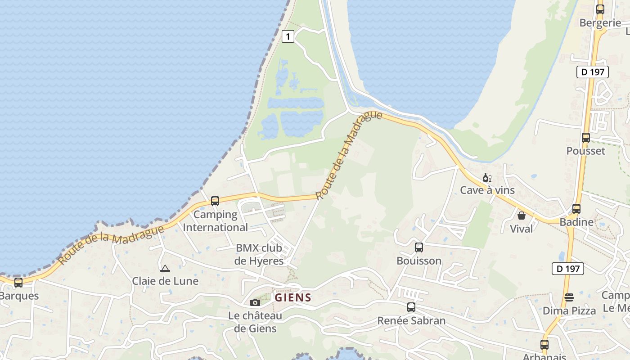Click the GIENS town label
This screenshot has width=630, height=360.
point(293,297)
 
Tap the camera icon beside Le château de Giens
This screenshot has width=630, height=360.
point(255,302)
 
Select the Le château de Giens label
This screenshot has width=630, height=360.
point(255,322)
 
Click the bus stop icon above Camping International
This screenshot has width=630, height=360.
point(215,201)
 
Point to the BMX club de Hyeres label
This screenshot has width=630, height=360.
point(259,254)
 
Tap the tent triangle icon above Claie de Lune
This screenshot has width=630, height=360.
point(165,269)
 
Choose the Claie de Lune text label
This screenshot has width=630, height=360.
point(165,281)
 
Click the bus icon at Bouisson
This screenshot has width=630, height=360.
point(419,247)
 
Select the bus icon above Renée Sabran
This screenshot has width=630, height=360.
point(411,307)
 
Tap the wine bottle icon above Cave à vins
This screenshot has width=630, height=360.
point(487,178)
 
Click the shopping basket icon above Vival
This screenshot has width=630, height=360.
point(522,216)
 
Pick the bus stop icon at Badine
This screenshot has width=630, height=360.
point(576,209)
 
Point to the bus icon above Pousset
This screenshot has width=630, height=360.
point(586,138)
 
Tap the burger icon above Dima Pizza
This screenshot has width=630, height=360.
point(569,297)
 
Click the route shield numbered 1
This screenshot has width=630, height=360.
point(288,36)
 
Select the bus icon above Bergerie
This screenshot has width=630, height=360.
point(600,9)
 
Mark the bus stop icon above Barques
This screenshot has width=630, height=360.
point(18,283)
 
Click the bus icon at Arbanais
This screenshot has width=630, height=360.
point(544,345)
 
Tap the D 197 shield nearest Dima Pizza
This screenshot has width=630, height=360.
point(568,269)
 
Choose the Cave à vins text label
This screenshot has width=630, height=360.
point(487,190)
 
